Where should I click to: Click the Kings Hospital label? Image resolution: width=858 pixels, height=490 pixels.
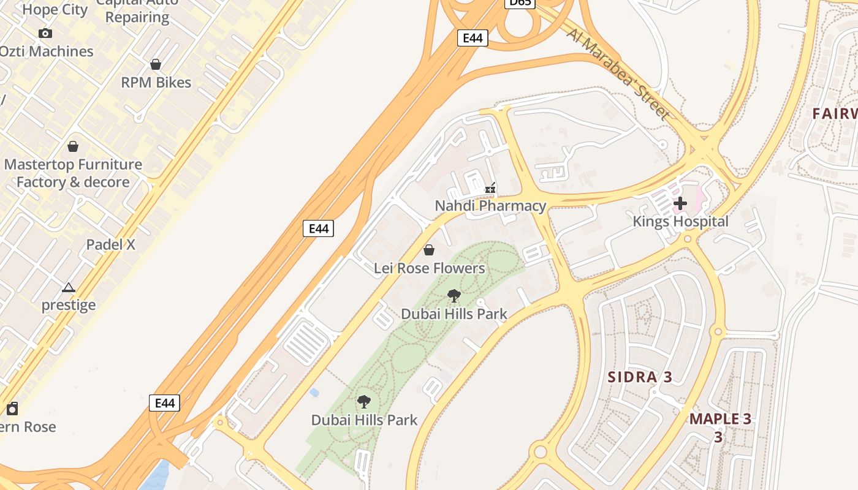(680, 222)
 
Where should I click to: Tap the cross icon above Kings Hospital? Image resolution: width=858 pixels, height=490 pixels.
(680, 203)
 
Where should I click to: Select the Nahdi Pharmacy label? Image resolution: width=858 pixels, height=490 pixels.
(490, 206)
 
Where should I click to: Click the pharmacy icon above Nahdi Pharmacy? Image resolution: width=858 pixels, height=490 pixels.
(490, 187)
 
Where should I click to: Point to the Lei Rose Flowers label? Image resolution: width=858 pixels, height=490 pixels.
(429, 268)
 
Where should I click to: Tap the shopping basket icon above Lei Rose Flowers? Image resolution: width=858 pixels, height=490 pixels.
(429, 250)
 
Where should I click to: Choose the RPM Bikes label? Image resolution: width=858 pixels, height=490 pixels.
(156, 83)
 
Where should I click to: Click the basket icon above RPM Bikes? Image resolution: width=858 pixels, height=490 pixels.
(156, 64)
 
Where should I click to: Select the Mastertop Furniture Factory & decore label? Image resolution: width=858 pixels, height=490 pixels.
(73, 173)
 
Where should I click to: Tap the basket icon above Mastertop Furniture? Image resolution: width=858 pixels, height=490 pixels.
(73, 146)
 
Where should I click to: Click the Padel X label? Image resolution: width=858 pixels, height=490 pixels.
(110, 244)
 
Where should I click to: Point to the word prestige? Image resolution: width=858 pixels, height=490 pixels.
(69, 305)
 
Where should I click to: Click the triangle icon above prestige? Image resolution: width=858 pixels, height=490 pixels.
(69, 287)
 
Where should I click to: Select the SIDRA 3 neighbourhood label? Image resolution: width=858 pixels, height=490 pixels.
(640, 377)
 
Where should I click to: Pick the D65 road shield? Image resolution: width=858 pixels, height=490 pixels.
(520, 3)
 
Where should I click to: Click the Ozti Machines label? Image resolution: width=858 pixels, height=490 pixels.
(47, 51)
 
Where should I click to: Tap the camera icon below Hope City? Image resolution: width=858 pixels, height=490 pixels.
(45, 34)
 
